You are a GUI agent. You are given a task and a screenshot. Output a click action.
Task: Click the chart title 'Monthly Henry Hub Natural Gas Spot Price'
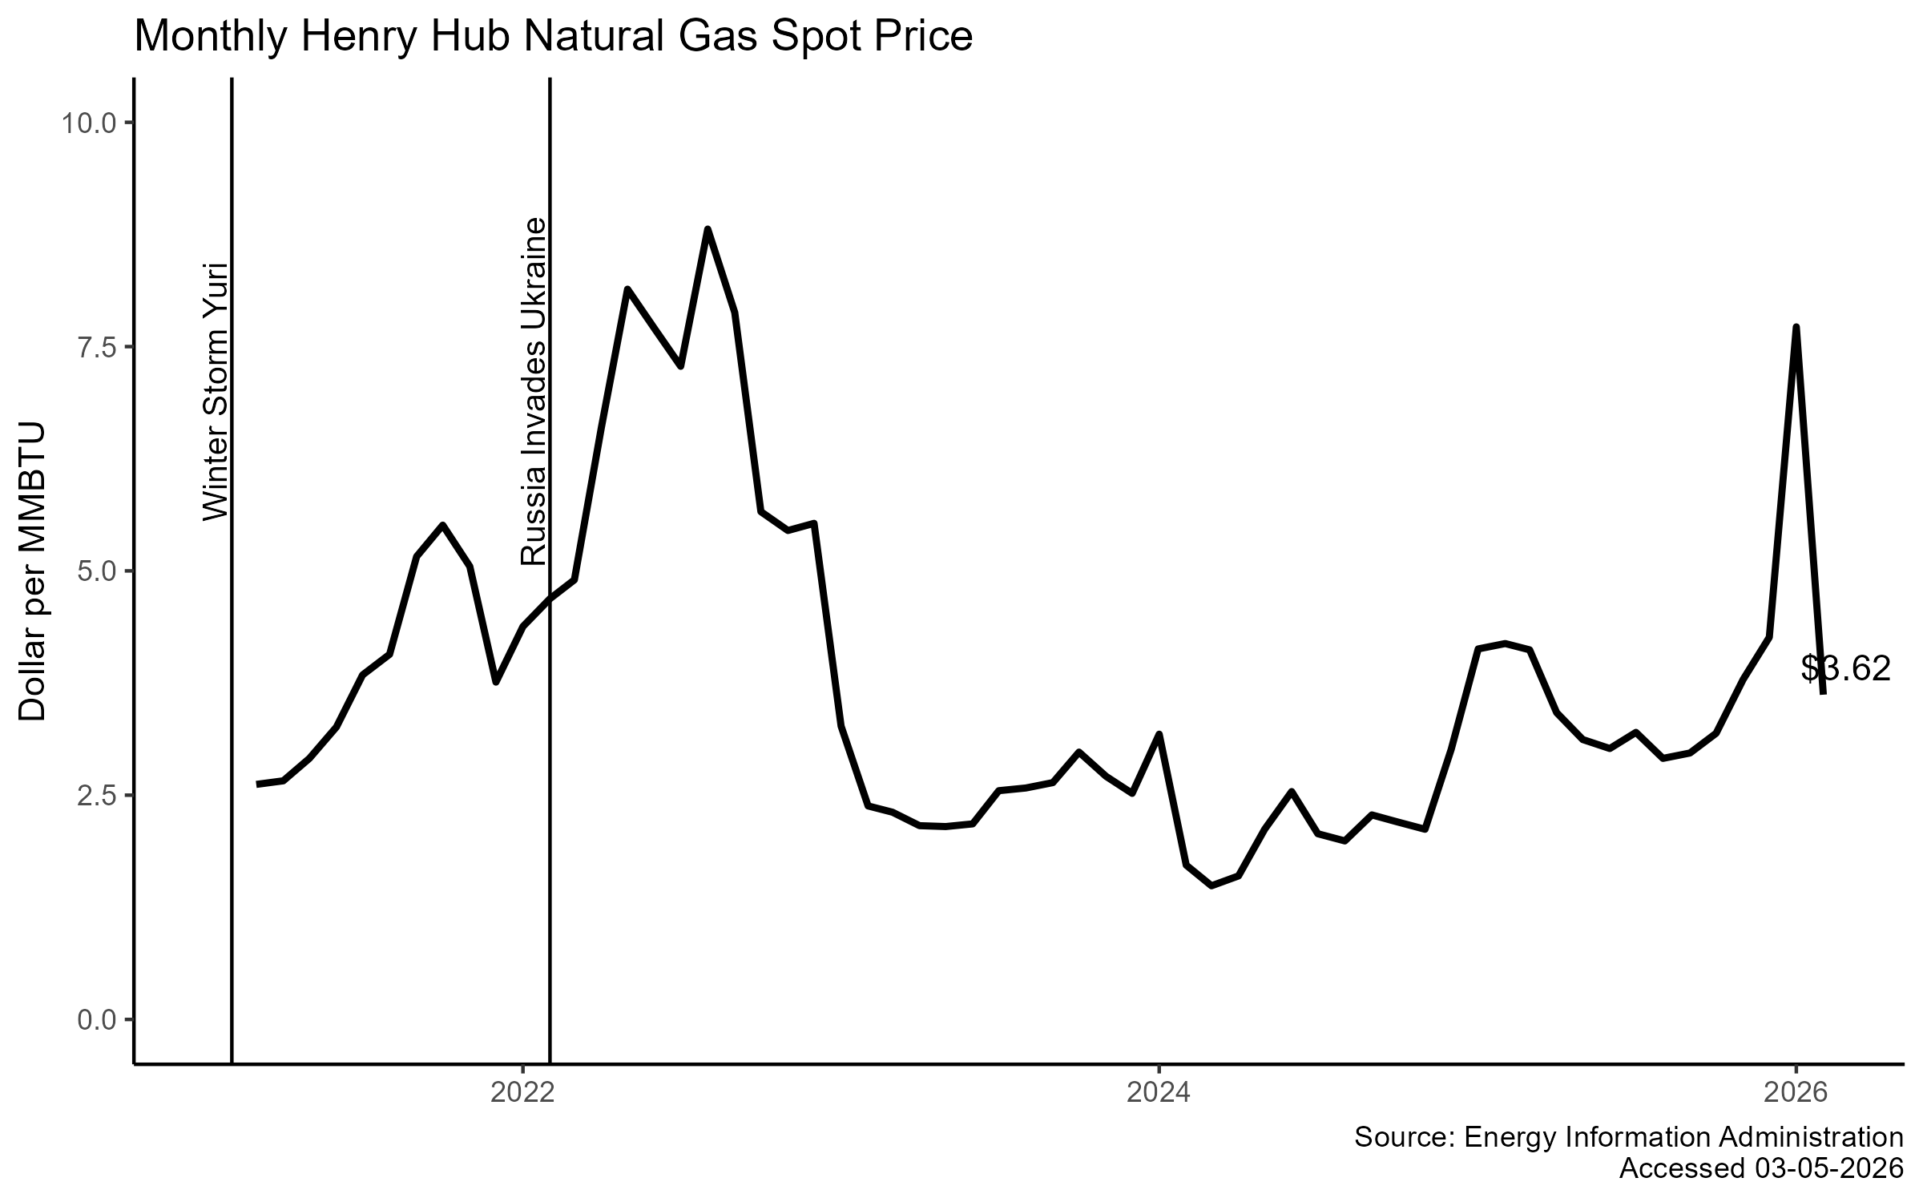coord(553,37)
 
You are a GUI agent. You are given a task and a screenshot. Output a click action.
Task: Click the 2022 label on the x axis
coord(522,1092)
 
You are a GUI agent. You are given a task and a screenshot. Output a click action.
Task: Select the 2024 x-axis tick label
coord(1159,1092)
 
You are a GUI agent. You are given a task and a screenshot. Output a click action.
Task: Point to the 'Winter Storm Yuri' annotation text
coord(216,391)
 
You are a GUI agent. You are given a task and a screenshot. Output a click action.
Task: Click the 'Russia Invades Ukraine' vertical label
coord(534,391)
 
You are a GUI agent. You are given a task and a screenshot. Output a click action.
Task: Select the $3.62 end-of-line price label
coord(1845,669)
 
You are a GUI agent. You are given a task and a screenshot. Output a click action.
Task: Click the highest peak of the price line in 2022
coord(708,230)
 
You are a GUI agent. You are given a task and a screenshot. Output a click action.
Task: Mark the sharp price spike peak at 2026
coord(1796,328)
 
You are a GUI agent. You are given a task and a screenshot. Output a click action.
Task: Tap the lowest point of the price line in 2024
coord(1211,885)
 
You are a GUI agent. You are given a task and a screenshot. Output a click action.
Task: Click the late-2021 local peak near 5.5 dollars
coord(443,526)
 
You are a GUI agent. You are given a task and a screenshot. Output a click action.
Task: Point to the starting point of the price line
coord(258,784)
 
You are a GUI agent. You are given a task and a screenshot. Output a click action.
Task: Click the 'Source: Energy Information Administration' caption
coord(1628,1138)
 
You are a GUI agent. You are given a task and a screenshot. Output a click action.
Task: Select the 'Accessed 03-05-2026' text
coord(1760,1168)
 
